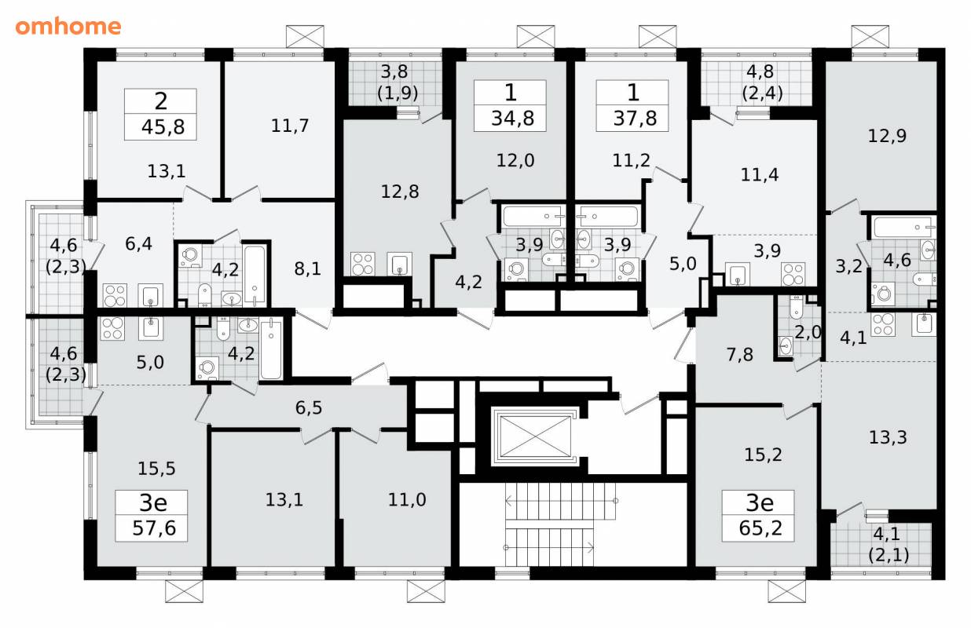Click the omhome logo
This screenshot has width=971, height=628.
coord(68,27)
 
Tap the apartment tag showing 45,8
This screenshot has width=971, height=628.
coord(160,115)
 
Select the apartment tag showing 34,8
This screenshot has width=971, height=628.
coord(510,106)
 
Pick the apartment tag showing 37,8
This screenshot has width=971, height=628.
coord(632,106)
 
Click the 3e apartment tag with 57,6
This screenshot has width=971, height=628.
coord(152,516)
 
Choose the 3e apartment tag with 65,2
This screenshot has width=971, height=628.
coord(758,516)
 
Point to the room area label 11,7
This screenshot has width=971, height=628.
coord(290,126)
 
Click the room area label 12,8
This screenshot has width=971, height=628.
coord(400,192)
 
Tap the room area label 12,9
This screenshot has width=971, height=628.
coord(887,136)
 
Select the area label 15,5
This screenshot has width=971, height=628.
coord(156,469)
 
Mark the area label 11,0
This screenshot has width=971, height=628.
coord(407,500)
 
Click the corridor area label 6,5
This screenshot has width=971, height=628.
coord(309,408)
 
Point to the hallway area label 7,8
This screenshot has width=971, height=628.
coord(740,355)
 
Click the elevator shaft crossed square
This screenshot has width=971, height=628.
coord(535,436)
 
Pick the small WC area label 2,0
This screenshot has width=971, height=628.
coord(808,333)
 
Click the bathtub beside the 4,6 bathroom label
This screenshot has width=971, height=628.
coord(903,228)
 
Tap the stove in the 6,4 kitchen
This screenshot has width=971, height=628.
coord(115,295)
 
